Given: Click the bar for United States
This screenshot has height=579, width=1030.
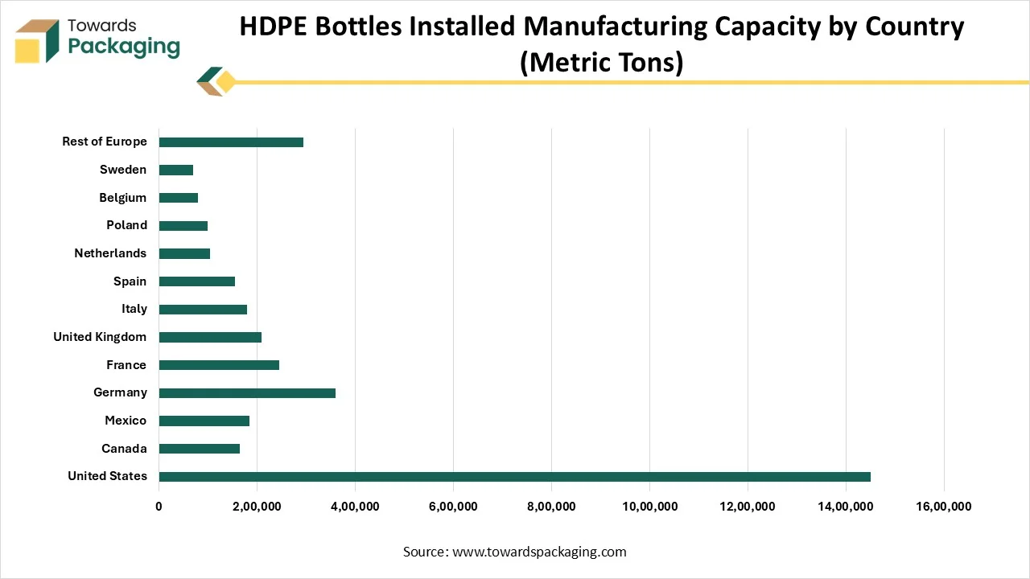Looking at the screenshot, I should click(515, 477).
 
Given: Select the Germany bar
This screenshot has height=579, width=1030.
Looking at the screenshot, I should click(247, 393).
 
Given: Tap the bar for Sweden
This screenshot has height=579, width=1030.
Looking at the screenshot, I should click(176, 170).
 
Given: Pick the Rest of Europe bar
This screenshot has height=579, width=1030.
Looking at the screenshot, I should click(231, 142).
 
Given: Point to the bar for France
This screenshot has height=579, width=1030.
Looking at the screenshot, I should click(219, 365).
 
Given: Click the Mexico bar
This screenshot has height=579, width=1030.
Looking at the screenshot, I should click(204, 421).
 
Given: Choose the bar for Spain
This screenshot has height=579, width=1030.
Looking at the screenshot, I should click(197, 281).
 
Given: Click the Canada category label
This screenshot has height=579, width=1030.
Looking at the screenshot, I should click(124, 449).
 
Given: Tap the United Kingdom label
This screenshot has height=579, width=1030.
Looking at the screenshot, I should click(100, 337).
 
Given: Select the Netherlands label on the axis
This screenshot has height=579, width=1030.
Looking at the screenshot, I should click(110, 253).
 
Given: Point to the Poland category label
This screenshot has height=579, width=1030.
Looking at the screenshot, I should click(126, 225).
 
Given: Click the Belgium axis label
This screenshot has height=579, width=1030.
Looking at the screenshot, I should click(122, 198).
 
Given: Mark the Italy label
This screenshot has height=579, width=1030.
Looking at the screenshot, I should click(134, 309).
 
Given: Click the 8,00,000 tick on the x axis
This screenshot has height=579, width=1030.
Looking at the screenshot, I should click(551, 507).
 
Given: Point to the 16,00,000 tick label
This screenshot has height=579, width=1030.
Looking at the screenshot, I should click(944, 507).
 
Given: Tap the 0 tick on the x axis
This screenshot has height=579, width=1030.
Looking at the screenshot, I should click(159, 507).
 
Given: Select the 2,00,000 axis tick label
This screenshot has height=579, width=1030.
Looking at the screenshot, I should click(257, 507).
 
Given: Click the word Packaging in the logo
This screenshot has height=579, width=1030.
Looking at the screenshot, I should click(124, 47).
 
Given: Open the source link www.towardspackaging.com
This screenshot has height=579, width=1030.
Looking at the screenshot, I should click(539, 552).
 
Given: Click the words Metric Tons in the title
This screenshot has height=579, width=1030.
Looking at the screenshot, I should click(601, 62).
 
